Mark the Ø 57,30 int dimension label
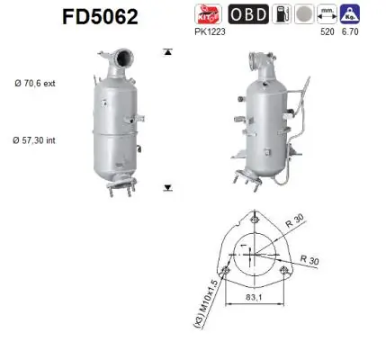click(36, 140)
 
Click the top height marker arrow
click(167, 52)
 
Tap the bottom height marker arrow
click(167, 187)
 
